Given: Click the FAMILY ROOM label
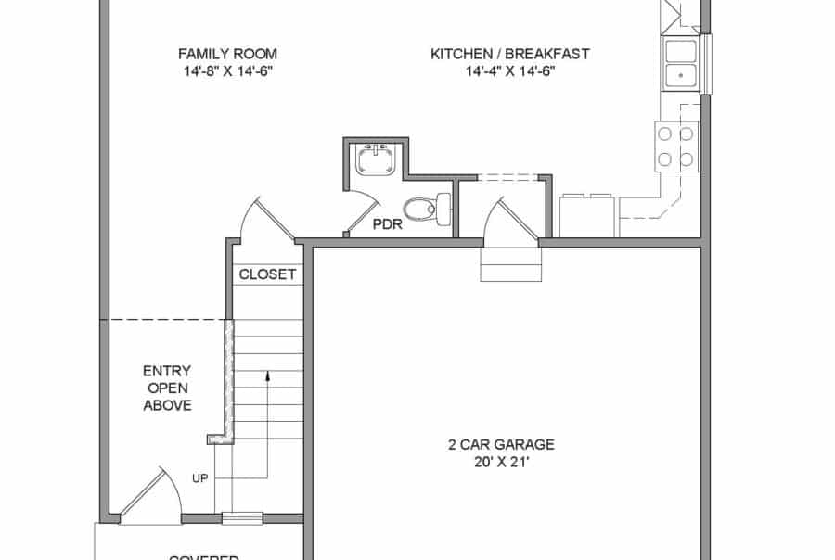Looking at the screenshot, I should (227, 54).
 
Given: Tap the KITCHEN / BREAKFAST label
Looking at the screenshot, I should (510, 54).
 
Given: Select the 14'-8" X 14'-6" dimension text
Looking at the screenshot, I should (227, 71).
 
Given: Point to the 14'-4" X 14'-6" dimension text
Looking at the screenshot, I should (510, 71).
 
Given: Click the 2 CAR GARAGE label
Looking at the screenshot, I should (501, 444).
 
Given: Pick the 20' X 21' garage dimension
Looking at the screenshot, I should (501, 462).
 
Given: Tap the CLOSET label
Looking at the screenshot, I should (267, 274).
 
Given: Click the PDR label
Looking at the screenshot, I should (388, 223).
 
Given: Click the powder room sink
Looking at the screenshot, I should (377, 159).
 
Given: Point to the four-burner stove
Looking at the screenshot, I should (676, 146).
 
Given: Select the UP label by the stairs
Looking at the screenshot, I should (199, 478).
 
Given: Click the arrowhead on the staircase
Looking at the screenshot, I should (267, 376).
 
